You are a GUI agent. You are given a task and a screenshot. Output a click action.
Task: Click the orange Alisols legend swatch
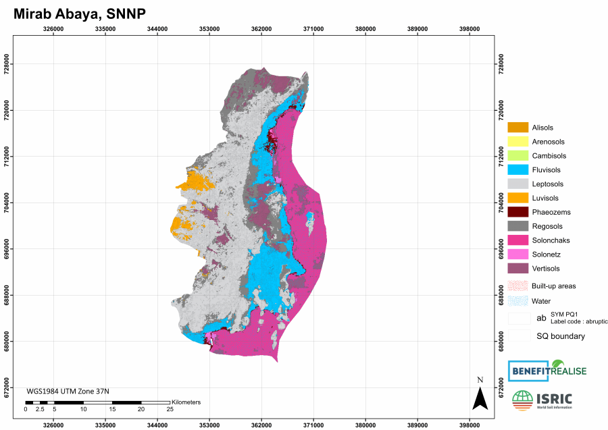click(517, 128)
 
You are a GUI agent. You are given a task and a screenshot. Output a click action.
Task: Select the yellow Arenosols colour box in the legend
click(517, 142)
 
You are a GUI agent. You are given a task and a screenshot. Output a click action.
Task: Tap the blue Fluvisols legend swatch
click(517, 170)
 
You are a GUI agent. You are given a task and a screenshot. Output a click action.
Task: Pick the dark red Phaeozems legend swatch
click(517, 212)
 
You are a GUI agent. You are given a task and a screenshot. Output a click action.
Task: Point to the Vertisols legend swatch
click(517, 269)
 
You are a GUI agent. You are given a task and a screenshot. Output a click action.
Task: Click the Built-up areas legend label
click(554, 286)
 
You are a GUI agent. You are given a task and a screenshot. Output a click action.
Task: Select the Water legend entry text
click(541, 301)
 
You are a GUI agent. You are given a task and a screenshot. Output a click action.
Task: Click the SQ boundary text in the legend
click(561, 336)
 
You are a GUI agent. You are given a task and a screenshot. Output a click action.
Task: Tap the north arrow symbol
click(480, 398)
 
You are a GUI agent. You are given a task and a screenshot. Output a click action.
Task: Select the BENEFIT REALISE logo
click(547, 371)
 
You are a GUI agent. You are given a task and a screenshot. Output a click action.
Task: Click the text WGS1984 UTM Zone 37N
click(68, 391)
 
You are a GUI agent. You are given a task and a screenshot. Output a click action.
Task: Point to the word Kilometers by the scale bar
click(186, 402)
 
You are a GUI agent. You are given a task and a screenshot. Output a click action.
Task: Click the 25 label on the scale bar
click(170, 410)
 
